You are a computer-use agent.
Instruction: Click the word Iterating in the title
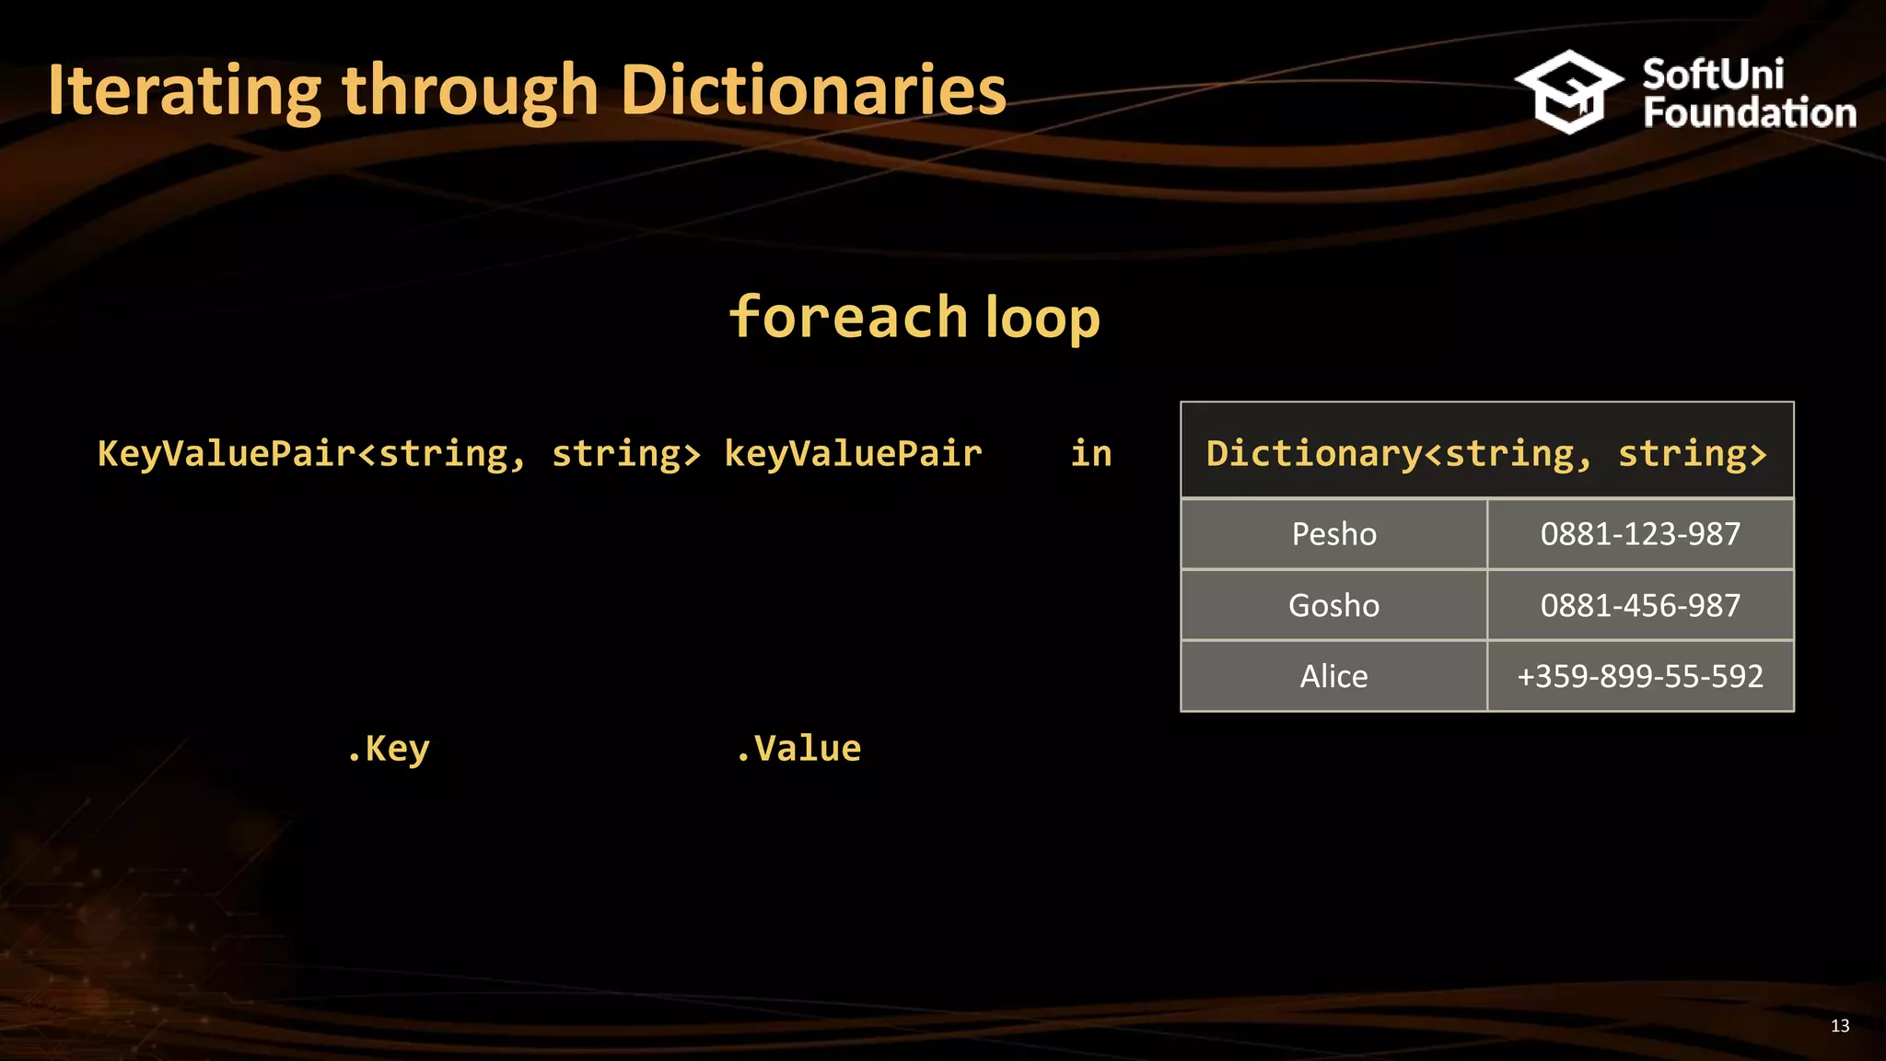(184, 90)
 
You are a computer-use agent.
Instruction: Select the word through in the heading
(470, 92)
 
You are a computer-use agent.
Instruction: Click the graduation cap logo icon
(1568, 91)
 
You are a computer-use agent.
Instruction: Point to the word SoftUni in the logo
(1713, 74)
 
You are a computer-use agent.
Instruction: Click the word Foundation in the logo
(1750, 113)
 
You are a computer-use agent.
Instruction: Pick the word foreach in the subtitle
(847, 317)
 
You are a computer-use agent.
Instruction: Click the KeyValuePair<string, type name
(311, 453)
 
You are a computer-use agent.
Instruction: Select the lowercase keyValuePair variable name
(853, 453)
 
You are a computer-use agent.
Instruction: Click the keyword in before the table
(1091, 453)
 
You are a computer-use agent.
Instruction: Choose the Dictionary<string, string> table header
(1486, 452)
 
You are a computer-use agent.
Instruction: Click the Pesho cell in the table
(1333, 534)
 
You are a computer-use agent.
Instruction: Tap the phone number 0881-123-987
(1640, 534)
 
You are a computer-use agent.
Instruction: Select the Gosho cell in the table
(1333, 605)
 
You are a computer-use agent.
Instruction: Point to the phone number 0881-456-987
(1640, 605)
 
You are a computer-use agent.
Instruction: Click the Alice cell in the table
(1333, 676)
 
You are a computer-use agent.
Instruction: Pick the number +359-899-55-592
(1640, 676)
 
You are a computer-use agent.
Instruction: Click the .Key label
(389, 749)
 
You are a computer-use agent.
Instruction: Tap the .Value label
(799, 748)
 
